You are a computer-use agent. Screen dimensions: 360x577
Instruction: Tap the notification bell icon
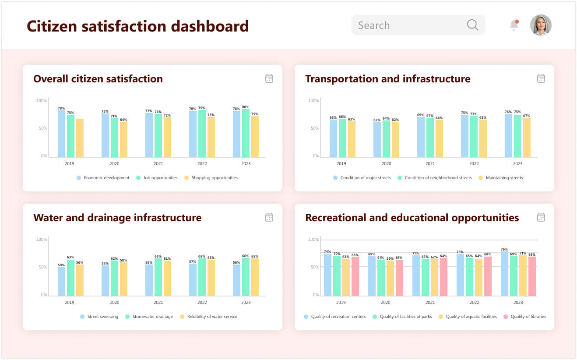(514, 25)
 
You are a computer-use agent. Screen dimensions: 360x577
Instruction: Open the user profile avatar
(541, 25)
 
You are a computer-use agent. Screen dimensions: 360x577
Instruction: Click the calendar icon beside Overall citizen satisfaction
(269, 79)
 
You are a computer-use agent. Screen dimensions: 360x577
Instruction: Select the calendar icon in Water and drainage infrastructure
(269, 218)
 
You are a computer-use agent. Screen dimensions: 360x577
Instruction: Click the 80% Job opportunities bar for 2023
(246, 133)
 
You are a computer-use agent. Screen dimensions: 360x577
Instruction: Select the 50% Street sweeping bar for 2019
(61, 281)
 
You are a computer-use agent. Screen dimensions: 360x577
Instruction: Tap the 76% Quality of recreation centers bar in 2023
(504, 274)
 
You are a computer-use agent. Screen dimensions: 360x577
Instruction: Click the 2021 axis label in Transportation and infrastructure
(430, 164)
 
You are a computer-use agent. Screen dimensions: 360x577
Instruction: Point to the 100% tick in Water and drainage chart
(42, 240)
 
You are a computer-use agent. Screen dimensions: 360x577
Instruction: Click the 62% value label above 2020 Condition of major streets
(377, 120)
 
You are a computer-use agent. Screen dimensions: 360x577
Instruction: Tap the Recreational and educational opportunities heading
(412, 218)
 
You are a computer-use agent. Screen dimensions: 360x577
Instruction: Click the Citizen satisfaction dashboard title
(137, 26)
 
